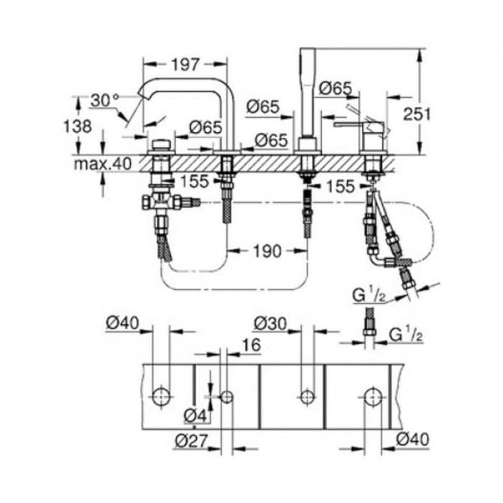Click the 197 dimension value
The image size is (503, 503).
[x=185, y=65]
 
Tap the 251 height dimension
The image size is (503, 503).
[x=417, y=114]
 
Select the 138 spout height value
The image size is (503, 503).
[x=78, y=126]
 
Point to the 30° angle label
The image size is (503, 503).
[x=105, y=101]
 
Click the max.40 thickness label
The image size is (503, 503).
[x=103, y=164]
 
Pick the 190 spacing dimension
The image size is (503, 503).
[x=267, y=251]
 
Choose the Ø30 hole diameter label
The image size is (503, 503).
[x=269, y=323]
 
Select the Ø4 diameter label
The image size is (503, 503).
[x=195, y=416]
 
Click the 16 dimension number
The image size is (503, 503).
[x=251, y=345]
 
